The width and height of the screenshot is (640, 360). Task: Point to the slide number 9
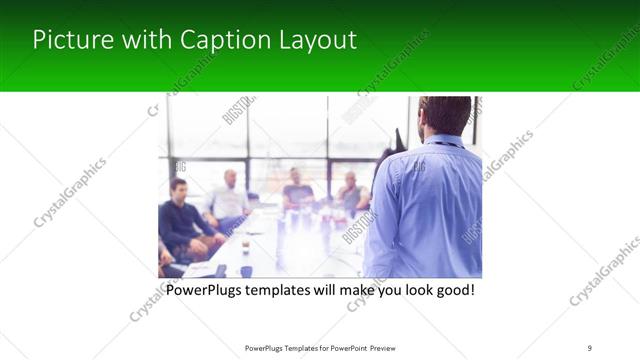(589, 347)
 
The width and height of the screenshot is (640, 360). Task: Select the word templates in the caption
(290, 290)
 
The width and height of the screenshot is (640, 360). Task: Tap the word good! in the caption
(451, 290)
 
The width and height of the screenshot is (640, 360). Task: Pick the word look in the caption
(410, 290)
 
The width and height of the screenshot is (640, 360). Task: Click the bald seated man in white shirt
(230, 198)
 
